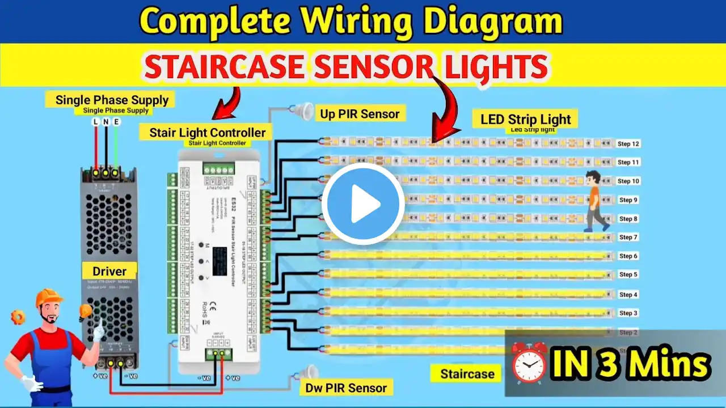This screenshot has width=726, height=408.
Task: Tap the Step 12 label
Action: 628,144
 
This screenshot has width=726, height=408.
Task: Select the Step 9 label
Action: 628,200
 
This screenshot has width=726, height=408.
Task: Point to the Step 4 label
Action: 628,295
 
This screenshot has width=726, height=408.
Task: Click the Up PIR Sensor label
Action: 360,113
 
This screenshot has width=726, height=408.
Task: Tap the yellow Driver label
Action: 109,272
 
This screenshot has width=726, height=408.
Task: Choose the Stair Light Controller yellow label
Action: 208,133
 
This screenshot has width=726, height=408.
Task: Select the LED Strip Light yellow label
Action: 525,120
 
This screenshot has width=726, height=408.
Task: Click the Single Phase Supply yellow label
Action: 112,100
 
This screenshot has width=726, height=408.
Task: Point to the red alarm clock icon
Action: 529,363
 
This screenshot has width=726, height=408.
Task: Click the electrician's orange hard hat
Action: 49,297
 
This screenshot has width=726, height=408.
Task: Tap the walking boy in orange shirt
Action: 594,199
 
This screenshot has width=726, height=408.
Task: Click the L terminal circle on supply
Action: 95,122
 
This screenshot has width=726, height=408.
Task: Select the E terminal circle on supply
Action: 116,122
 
